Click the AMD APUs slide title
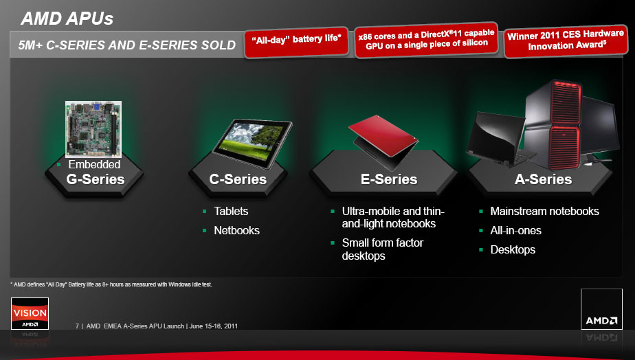click(x=67, y=19)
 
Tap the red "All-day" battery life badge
click(x=296, y=42)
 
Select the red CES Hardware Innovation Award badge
click(x=566, y=41)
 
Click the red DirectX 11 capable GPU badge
click(x=426, y=40)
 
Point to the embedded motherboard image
click(x=93, y=129)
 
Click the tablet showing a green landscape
click(x=252, y=143)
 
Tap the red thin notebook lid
click(x=383, y=135)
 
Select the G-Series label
click(x=96, y=179)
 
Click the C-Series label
click(x=238, y=179)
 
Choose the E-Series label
click(x=389, y=179)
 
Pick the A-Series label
click(x=543, y=179)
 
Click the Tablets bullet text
click(x=231, y=211)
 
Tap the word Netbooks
click(x=236, y=230)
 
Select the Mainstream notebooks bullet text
click(x=544, y=211)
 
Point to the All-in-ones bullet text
click(x=515, y=230)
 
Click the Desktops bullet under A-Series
click(x=513, y=249)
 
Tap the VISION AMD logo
click(x=30, y=313)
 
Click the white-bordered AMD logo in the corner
click(x=601, y=309)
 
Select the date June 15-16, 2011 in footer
click(x=214, y=326)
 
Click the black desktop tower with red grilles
click(x=553, y=124)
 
